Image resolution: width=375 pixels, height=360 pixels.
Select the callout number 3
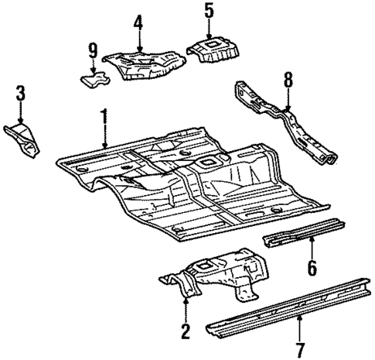pyautogui.click(x=21, y=94)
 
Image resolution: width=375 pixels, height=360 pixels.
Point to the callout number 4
pyautogui.click(x=138, y=22)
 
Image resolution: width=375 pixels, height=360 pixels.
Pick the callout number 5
pyautogui.click(x=208, y=11)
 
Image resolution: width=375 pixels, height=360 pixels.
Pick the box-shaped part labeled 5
pyautogui.click(x=213, y=53)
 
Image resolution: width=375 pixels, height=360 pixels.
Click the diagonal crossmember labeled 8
pyautogui.click(x=290, y=124)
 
